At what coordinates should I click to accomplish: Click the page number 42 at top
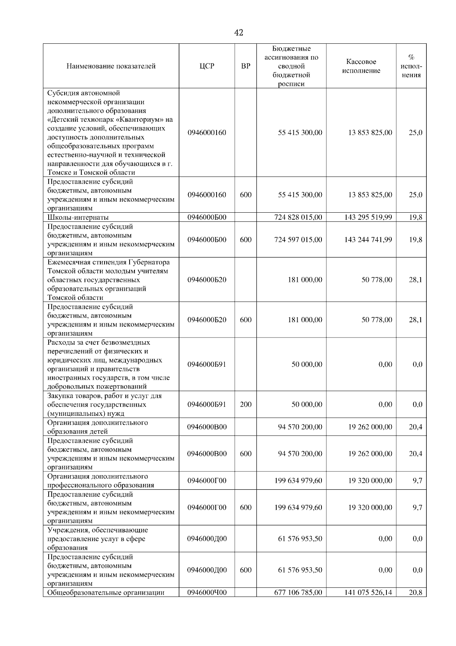(x=239, y=33)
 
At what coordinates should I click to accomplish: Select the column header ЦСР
(x=207, y=66)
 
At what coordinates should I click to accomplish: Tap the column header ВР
(x=246, y=66)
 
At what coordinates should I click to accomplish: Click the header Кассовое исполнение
(x=361, y=66)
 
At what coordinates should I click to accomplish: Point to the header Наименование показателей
(x=111, y=66)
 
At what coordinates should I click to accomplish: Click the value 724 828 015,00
(x=298, y=217)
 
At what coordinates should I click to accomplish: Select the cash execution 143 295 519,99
(x=368, y=217)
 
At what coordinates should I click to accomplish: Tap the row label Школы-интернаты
(x=78, y=218)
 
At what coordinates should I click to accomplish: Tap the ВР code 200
(x=246, y=404)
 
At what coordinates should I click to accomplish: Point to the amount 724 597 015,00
(x=298, y=240)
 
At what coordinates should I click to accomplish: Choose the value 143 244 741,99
(x=368, y=240)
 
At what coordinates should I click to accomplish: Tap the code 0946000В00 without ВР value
(x=207, y=427)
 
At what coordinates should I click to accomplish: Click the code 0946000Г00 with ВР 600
(x=207, y=508)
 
